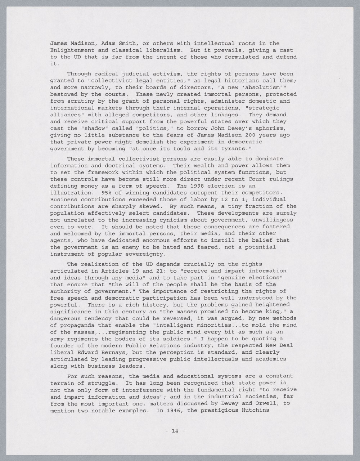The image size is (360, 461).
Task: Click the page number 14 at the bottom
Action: click(175, 430)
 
